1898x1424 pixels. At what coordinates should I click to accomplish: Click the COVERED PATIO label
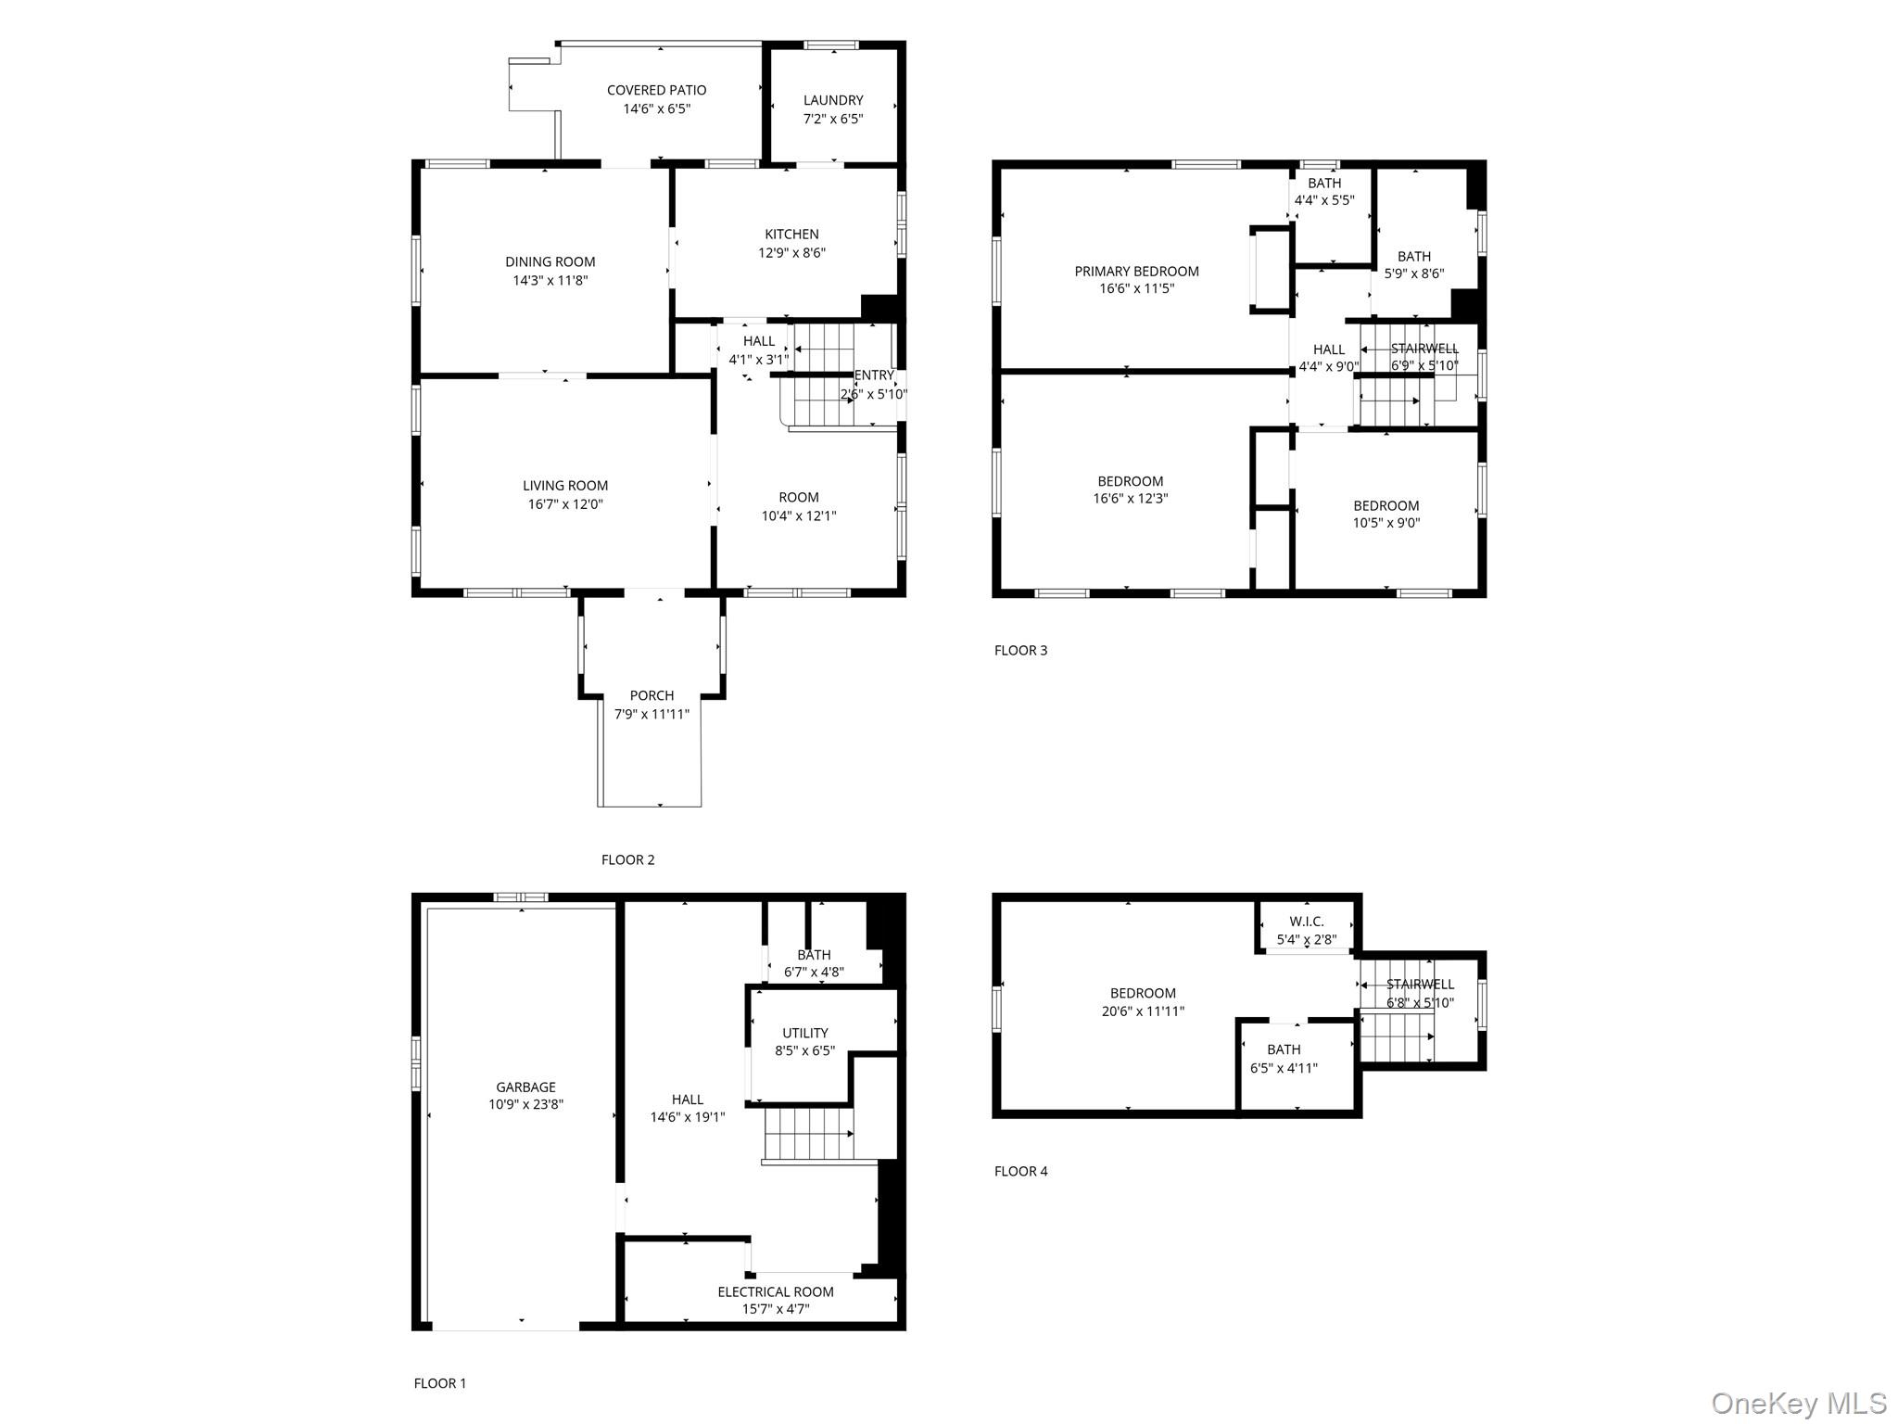pos(656,90)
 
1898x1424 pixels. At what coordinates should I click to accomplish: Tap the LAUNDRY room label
pos(833,100)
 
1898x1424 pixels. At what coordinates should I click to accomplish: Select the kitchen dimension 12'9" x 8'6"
pos(791,252)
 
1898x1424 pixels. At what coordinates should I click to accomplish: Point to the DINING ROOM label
pos(550,261)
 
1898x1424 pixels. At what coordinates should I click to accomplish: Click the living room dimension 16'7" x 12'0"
pos(565,504)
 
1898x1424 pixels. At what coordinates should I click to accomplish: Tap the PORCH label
pos(652,695)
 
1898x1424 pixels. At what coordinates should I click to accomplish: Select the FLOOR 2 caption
pos(627,859)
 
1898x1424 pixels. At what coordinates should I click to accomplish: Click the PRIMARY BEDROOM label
pos(1136,271)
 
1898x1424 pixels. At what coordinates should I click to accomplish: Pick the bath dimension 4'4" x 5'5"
pos(1324,199)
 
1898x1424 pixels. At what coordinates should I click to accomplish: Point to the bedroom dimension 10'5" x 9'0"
pos(1386,523)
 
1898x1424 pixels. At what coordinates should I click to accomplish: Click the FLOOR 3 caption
pos(1020,650)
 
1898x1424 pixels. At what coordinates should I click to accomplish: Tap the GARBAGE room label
pos(525,1087)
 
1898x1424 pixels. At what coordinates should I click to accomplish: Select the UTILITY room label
pos(804,1033)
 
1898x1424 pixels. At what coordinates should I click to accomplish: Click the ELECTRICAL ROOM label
pos(775,1291)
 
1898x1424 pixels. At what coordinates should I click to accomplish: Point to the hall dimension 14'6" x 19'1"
pos(687,1117)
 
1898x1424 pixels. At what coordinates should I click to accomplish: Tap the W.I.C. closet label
pos(1307,922)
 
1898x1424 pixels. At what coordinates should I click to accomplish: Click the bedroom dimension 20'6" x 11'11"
pos(1143,1011)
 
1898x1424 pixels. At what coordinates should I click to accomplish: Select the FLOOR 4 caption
pos(1020,1171)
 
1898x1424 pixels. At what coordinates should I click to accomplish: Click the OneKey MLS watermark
pos(1798,1403)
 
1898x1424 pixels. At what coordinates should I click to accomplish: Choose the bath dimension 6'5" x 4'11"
pos(1284,1067)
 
